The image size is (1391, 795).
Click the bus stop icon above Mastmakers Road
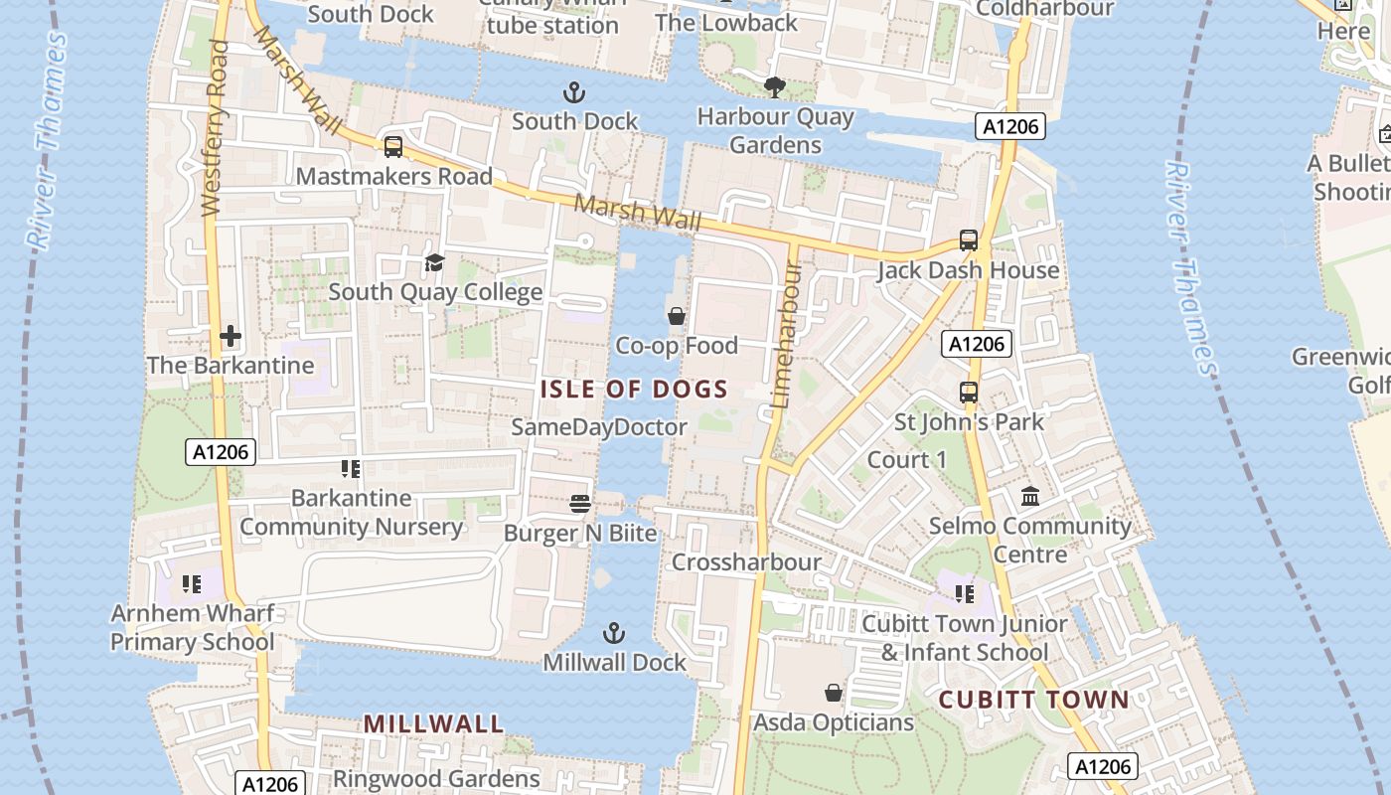[x=393, y=147]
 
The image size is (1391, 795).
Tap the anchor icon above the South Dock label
[x=574, y=93]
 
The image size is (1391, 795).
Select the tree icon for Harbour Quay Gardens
[x=775, y=87]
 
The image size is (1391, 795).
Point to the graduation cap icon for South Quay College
[x=434, y=262]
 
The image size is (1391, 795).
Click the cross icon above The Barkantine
[x=231, y=336]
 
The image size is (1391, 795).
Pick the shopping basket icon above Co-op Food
[x=677, y=316]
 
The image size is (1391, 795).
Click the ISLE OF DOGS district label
[x=634, y=390]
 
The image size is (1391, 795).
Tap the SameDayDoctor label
[x=599, y=427]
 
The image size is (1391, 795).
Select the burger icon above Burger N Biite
[x=581, y=504]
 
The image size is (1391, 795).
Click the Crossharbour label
[x=746, y=562]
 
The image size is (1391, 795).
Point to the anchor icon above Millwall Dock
[x=614, y=633]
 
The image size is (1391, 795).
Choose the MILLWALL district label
[x=433, y=723]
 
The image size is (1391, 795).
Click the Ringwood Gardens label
[x=436, y=778]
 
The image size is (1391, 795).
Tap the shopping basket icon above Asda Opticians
[x=834, y=693]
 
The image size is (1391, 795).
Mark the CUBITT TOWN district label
[x=1034, y=700]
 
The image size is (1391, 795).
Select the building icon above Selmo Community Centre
[x=1030, y=496]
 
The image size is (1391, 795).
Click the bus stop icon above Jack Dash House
[x=969, y=240]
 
